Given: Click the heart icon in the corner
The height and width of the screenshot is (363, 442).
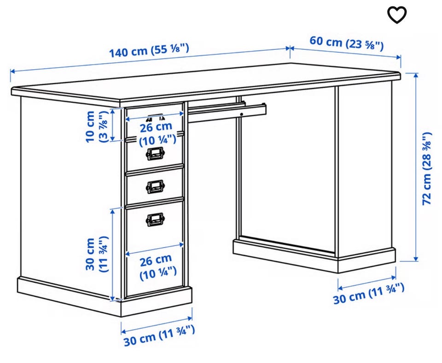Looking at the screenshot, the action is coord(397,15).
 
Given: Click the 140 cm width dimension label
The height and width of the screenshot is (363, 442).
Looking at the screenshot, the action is coord(149,51).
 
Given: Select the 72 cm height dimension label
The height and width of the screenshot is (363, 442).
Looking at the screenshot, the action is coord(427,168).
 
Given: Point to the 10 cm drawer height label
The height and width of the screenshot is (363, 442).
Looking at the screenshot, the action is coord(96,126).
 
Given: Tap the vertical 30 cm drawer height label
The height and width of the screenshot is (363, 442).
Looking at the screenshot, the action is coord(96,254).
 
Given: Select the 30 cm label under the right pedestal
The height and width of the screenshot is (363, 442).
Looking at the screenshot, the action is coord(369,294).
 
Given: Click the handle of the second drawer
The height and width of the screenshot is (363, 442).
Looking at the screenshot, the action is coord(155,154).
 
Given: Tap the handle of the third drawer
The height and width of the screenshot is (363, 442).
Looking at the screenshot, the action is coord(155,187).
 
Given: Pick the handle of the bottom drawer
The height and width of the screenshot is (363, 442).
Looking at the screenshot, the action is coord(155,219).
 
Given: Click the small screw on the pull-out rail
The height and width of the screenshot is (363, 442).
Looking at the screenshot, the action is coord(242,114).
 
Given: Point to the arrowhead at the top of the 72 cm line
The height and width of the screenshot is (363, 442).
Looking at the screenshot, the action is coord(416,75).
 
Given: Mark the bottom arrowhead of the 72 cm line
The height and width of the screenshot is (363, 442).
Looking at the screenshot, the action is coord(416,259).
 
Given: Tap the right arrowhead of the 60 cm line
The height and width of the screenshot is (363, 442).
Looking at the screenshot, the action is coord(398,57).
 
